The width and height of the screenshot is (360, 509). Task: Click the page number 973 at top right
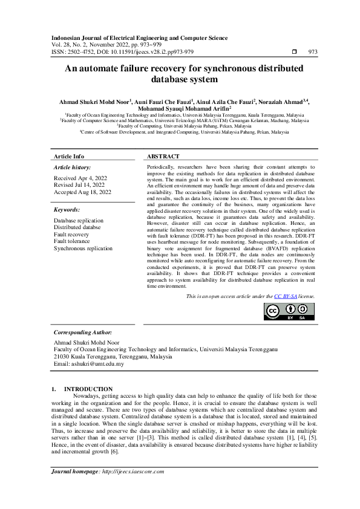tap(313, 52)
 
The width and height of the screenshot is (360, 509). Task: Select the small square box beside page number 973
tap(295, 52)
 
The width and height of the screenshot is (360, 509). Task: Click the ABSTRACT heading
tap(163, 156)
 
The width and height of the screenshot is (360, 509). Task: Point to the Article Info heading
tap(69, 156)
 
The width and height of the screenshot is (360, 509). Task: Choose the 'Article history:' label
tap(73, 166)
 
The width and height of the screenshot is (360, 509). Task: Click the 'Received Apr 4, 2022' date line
tap(80, 178)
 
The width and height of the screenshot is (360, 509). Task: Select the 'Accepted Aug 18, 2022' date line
tap(82, 192)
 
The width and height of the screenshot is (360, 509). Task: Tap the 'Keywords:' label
tap(67, 209)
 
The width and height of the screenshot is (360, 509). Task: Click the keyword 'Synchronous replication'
tap(83, 248)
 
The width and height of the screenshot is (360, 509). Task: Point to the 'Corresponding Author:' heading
tap(82, 332)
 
